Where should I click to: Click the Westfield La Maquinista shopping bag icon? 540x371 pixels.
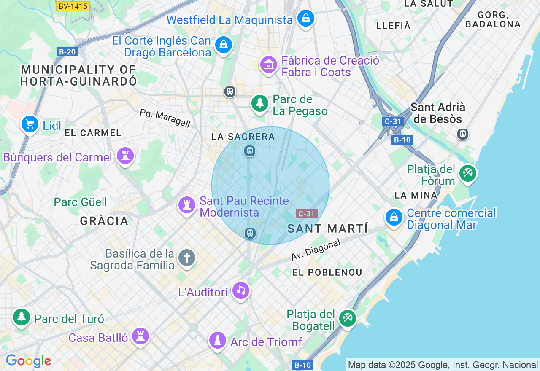pyautogui.click(x=306, y=19)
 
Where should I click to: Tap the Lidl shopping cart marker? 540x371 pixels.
pyautogui.click(x=30, y=124)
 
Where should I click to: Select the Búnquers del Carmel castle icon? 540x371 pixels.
pyautogui.click(x=125, y=156)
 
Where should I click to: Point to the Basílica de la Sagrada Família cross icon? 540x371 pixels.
pyautogui.click(x=187, y=257)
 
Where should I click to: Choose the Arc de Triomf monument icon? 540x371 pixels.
pyautogui.click(x=218, y=340)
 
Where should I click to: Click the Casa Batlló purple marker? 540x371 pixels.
pyautogui.click(x=140, y=336)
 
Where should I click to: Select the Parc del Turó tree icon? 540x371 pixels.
pyautogui.click(x=21, y=317)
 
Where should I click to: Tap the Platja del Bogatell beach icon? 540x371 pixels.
pyautogui.click(x=347, y=318)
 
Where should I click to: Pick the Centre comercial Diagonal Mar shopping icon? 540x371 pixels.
pyautogui.click(x=394, y=218)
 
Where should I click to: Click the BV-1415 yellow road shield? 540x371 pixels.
pyautogui.click(x=73, y=6)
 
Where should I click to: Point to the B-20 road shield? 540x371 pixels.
pyautogui.click(x=67, y=52)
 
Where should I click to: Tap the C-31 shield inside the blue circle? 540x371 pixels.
pyautogui.click(x=306, y=214)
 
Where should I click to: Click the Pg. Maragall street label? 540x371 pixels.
pyautogui.click(x=165, y=118)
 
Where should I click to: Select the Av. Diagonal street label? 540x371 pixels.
pyautogui.click(x=316, y=250)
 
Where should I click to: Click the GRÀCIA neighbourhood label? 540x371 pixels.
pyautogui.click(x=104, y=221)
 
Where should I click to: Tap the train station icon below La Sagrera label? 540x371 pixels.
pyautogui.click(x=250, y=151)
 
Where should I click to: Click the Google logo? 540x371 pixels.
pyautogui.click(x=28, y=361)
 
